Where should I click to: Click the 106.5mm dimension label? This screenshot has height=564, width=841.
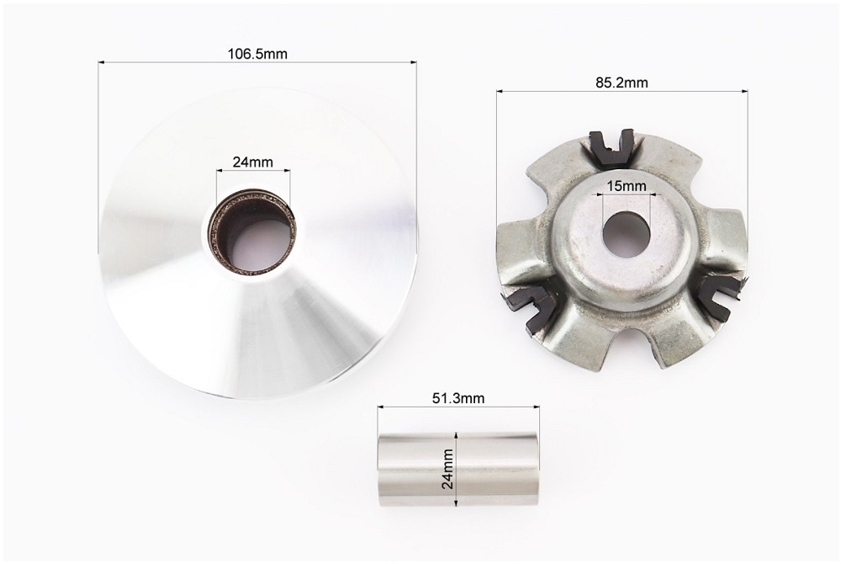click(257, 54)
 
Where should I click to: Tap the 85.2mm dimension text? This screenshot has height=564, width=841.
click(621, 82)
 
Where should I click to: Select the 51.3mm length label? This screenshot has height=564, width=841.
click(458, 398)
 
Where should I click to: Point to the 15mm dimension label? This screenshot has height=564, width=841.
click(627, 186)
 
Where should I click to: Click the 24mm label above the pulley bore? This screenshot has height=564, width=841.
click(252, 162)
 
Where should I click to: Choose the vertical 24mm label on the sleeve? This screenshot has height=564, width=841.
click(447, 469)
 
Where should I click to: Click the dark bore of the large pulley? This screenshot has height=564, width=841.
click(252, 231)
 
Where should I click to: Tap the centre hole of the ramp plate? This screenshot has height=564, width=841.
click(627, 234)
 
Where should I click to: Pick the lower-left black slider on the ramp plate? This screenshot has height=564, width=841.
click(530, 309)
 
